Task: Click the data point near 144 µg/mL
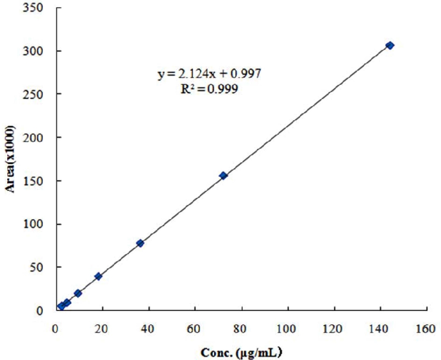(x=390, y=45)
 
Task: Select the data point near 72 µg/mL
(x=223, y=175)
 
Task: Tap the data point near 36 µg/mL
(x=140, y=243)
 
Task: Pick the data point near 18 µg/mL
(x=98, y=276)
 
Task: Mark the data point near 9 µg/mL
(x=78, y=293)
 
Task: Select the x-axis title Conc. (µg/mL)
(x=242, y=353)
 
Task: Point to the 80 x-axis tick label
(x=242, y=328)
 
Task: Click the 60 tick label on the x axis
(x=195, y=328)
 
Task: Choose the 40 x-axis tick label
(x=149, y=328)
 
